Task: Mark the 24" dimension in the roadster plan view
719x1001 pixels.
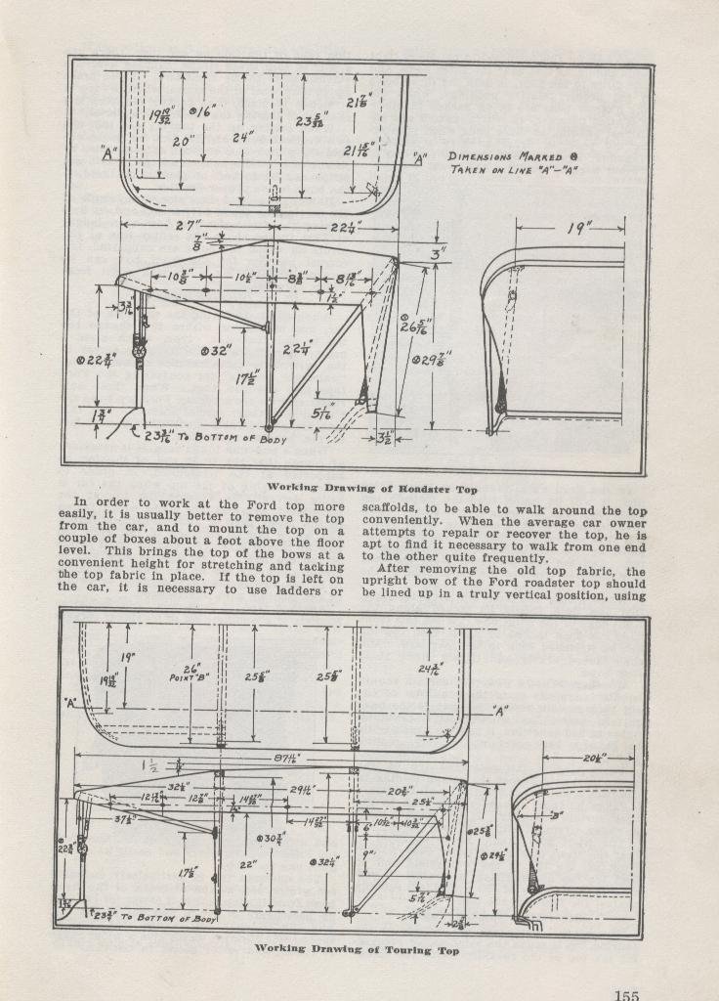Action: coord(242,138)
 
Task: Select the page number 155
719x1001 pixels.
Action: coord(626,995)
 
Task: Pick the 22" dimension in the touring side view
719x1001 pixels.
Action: coord(248,865)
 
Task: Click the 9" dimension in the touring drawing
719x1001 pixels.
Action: coord(369,853)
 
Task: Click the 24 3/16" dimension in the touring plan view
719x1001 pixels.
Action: coord(427,671)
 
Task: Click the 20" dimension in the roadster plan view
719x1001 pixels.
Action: coord(182,141)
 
